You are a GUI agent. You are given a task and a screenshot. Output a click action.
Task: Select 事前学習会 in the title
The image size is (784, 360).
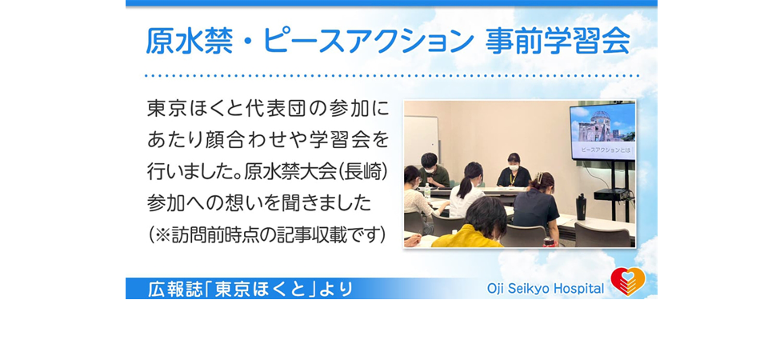(x=558, y=41)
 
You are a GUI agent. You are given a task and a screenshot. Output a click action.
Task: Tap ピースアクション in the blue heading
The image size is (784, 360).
(x=368, y=41)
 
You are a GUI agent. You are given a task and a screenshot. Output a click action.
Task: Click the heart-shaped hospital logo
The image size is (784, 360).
(x=628, y=282)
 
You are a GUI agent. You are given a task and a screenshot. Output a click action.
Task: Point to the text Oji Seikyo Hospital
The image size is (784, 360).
(x=546, y=289)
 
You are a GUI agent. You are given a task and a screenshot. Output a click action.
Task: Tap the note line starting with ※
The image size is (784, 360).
(x=267, y=234)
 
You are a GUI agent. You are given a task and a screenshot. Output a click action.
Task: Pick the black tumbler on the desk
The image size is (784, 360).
(x=581, y=206)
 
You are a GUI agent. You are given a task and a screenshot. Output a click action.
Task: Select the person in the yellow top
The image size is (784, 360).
(x=473, y=225)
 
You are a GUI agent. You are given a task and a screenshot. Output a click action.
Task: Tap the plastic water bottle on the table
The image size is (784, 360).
(x=427, y=190)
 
